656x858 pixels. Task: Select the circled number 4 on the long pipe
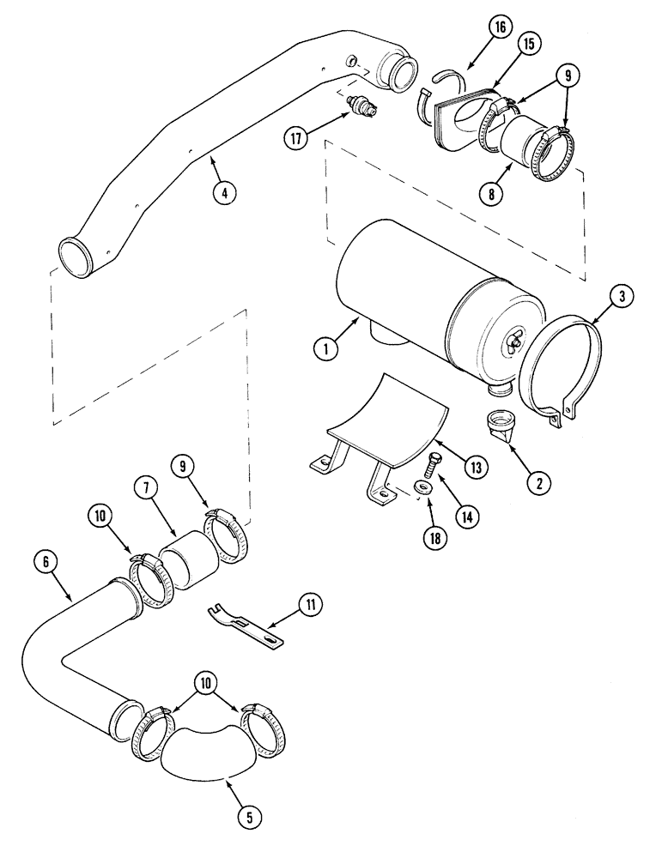point(223,194)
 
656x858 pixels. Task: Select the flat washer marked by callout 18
point(419,488)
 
